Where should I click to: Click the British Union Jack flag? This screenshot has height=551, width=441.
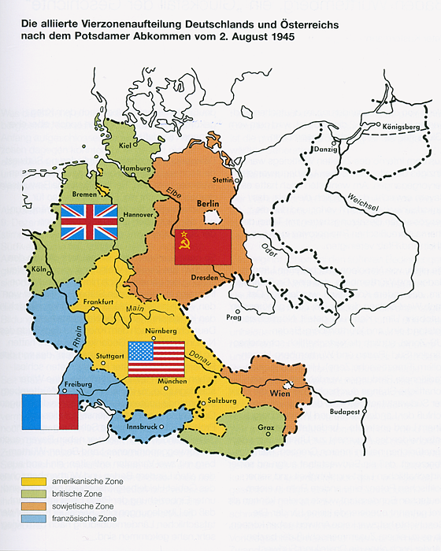(x=89, y=222)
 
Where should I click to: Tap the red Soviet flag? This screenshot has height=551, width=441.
(x=202, y=247)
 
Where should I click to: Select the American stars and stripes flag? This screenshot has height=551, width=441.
(x=156, y=359)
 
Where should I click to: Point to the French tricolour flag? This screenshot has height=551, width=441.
(x=50, y=412)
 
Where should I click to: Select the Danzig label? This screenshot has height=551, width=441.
(x=324, y=149)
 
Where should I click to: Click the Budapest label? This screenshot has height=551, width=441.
(x=344, y=412)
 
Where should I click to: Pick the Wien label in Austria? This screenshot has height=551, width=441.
(x=281, y=392)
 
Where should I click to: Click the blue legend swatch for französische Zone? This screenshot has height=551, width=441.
(x=35, y=519)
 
